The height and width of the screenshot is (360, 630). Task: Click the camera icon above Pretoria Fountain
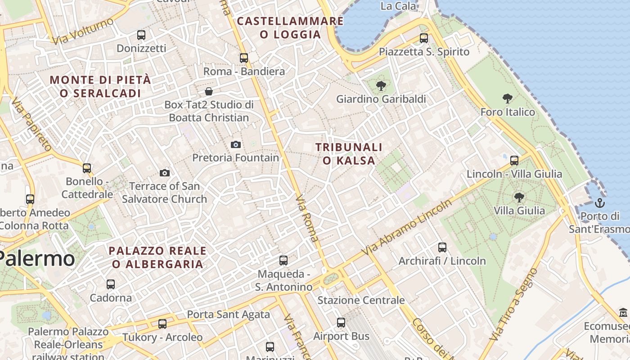235,144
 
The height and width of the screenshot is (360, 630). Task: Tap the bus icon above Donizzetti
141,35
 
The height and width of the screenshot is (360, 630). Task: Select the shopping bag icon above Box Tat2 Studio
209,91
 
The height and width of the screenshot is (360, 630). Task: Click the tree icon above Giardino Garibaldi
381,85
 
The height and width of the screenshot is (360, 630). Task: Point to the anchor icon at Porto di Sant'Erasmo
600,203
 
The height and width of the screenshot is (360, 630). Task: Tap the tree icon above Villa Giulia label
519,197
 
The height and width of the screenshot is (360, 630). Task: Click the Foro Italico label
508,112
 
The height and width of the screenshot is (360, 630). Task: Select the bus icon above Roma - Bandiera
244,58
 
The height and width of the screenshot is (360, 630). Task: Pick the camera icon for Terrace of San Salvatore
165,173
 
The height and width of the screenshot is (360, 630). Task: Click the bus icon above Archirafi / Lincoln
442,247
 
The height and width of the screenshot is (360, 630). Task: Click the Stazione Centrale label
361,300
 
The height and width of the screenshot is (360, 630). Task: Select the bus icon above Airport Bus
341,323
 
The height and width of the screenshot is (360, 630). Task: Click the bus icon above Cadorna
111,284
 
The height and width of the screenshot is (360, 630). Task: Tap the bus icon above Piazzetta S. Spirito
424,38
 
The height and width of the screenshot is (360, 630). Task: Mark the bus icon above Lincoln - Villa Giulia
514,160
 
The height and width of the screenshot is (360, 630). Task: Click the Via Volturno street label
83,31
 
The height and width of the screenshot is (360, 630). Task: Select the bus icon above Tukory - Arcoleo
162,324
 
